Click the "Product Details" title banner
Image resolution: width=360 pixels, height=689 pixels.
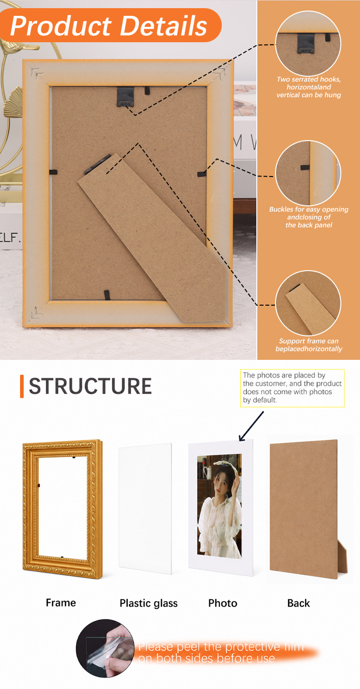tap(111, 25)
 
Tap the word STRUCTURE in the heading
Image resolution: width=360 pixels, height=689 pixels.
tap(90, 386)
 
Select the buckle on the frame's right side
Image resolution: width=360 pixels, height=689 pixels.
tap(202, 174)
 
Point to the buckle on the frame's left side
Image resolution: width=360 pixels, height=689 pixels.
tap(54, 172)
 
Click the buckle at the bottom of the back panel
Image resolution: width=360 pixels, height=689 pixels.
tap(107, 295)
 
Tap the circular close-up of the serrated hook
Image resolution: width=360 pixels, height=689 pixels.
tap(308, 43)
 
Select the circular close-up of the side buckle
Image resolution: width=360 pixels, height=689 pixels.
tap(308, 173)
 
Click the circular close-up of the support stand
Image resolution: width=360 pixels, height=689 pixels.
tap(308, 303)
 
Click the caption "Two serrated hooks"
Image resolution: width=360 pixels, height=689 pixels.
tap(309, 79)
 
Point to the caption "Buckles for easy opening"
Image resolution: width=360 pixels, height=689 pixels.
tap(309, 209)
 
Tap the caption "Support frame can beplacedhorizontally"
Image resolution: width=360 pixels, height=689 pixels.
tap(309, 345)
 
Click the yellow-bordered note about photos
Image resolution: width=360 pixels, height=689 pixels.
tap(292, 388)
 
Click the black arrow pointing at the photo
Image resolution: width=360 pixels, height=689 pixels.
tap(251, 426)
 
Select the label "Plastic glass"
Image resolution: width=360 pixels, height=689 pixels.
tap(149, 603)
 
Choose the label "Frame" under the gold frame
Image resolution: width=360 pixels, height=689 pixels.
tap(61, 603)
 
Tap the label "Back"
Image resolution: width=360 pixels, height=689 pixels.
tap(299, 603)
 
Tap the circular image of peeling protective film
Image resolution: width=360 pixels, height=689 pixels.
tap(105, 648)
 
